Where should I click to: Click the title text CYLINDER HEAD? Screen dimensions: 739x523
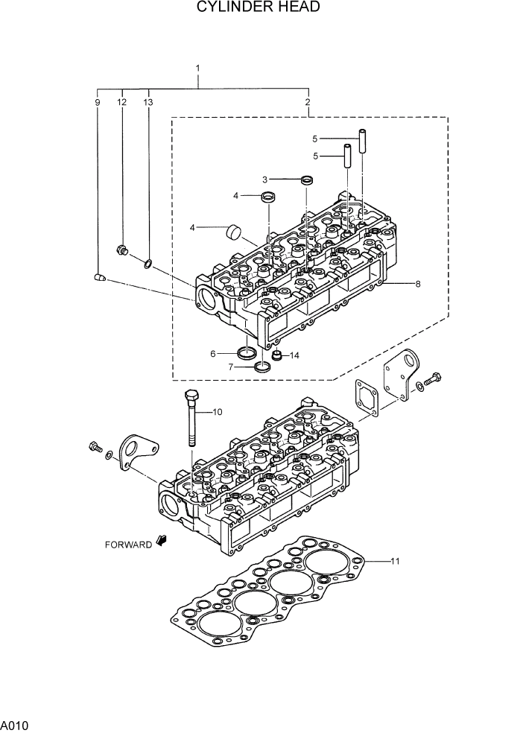(259, 8)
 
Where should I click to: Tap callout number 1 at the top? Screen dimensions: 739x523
(198, 69)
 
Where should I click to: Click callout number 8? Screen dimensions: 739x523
(418, 284)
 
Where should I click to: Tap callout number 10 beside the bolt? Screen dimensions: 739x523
(218, 411)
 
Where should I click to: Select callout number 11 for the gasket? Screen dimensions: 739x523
(395, 560)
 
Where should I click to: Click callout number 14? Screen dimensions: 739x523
(295, 356)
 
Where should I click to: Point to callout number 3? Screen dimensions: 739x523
(264, 180)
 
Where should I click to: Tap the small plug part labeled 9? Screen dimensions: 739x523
(98, 277)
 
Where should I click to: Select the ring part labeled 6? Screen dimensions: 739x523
(246, 352)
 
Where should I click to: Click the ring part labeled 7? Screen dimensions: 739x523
(262, 367)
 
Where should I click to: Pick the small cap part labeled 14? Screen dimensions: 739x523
(277, 355)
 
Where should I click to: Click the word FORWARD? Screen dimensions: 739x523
(128, 544)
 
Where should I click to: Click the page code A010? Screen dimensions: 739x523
(14, 725)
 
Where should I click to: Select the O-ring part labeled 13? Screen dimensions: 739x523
(148, 263)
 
